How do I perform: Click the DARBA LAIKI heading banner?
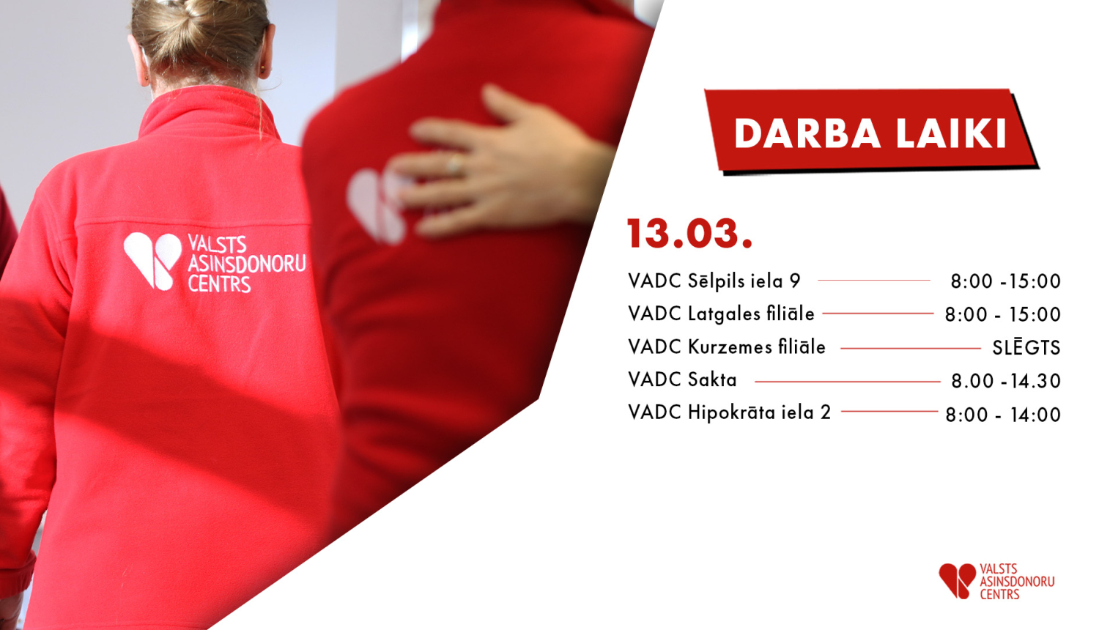(870, 133)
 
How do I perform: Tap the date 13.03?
(689, 234)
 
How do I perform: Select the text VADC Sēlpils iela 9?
(714, 281)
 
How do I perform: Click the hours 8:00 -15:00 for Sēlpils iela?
(1005, 281)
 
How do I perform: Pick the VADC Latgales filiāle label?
(721, 314)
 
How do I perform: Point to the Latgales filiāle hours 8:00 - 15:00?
(1002, 315)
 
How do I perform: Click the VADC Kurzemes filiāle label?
(726, 346)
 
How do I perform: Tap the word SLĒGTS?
(1026, 347)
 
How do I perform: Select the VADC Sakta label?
(682, 379)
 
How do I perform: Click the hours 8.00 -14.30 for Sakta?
(1005, 381)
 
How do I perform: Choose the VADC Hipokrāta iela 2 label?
(729, 412)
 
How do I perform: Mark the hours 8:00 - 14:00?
(1002, 415)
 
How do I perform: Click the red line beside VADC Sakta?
(847, 382)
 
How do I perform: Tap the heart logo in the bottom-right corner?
(957, 580)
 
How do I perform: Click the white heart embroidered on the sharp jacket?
(152, 260)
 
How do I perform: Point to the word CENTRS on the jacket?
(219, 283)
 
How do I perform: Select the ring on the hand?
(455, 164)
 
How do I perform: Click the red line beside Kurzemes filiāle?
(909, 349)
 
